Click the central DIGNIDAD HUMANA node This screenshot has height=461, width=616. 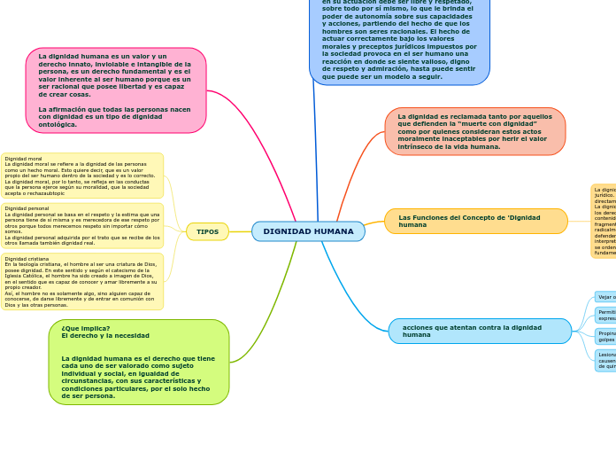click(x=308, y=231)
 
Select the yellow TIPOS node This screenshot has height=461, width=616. click(x=207, y=231)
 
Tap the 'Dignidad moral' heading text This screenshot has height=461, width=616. click(x=23, y=159)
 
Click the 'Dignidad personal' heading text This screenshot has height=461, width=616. click(x=27, y=208)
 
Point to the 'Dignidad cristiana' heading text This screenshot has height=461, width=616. click(x=27, y=259)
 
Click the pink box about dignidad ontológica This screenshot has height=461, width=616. click(x=115, y=90)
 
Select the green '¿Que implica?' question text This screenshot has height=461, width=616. click(x=85, y=327)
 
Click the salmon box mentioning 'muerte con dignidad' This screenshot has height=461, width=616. click(x=474, y=131)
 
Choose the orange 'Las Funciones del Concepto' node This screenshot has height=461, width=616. click(x=475, y=221)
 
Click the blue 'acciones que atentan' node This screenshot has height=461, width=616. click(x=479, y=331)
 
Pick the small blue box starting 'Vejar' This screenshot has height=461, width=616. click(x=605, y=297)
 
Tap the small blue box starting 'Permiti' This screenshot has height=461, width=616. click(x=605, y=315)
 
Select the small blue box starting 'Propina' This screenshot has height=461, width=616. click(x=605, y=336)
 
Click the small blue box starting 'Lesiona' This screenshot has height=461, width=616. click(x=605, y=360)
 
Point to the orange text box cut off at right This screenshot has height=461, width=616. click(x=604, y=221)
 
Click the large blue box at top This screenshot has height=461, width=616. click(x=399, y=40)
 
